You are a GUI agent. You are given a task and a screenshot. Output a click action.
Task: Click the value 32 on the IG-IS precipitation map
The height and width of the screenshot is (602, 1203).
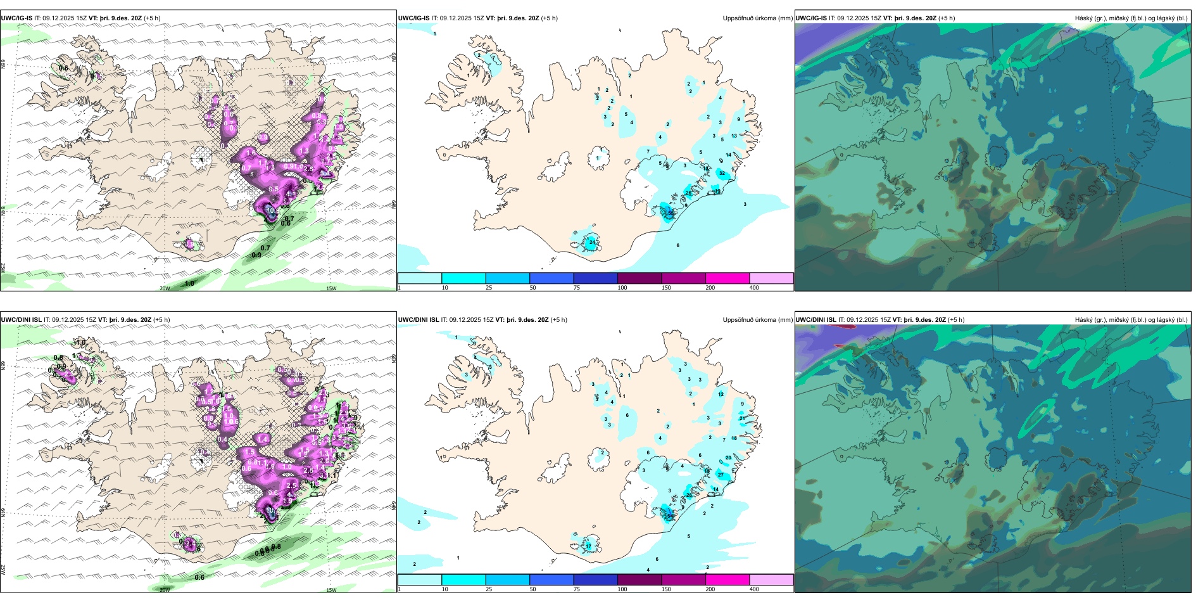[722, 173]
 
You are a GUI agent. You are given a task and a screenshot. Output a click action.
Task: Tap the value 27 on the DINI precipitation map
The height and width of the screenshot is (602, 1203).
[721, 475]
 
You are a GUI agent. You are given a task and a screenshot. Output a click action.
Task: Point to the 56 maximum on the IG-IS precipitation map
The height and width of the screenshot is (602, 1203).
[671, 213]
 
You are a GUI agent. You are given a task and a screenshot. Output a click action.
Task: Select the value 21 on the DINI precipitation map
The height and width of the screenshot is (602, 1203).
[742, 418]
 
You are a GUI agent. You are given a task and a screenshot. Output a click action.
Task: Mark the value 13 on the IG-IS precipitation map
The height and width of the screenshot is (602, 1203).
[734, 136]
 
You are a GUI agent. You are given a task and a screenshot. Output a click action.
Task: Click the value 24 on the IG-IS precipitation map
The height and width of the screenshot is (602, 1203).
[591, 242]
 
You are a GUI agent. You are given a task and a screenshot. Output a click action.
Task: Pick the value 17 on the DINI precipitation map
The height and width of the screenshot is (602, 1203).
[588, 546]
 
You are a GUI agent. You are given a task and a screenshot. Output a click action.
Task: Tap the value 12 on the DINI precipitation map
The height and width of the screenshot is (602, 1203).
[721, 394]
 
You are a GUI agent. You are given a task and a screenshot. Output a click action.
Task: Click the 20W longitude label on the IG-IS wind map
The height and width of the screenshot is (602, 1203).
[165, 288]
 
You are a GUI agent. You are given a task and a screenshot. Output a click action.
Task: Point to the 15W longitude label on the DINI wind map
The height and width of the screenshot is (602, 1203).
[331, 590]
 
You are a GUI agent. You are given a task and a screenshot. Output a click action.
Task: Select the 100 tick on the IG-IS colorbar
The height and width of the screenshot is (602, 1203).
[622, 288]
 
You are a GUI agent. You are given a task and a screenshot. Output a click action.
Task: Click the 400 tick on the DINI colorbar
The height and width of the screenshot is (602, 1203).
[754, 589]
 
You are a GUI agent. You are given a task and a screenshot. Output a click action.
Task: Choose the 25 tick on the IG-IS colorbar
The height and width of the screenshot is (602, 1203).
[489, 288]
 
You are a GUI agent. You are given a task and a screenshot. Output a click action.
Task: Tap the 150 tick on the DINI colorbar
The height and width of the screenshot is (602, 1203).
[666, 589]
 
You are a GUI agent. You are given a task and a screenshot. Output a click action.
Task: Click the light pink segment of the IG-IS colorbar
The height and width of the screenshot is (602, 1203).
[771, 278]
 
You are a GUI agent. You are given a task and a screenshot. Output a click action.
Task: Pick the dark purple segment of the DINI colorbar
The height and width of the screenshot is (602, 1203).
[639, 580]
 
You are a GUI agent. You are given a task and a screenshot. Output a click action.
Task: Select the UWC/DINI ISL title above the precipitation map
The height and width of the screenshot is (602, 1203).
[419, 320]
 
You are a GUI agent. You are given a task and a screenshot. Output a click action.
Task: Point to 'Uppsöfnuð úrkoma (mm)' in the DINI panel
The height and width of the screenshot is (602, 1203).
[757, 320]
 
